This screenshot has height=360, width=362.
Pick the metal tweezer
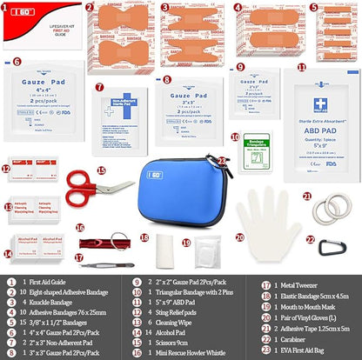point(104,258)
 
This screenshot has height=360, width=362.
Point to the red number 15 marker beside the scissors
point(100,171)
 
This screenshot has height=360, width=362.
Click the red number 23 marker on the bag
point(223,160)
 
